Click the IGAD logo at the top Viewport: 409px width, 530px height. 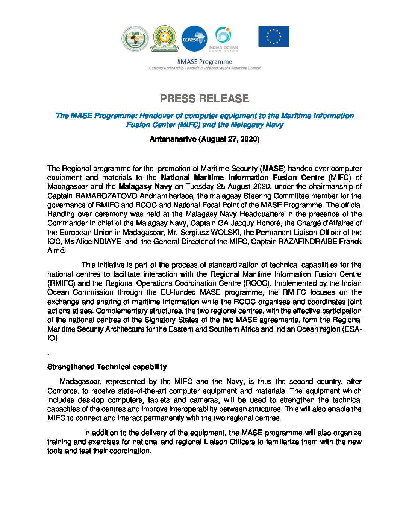pos(135,39)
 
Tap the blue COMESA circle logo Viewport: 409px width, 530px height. pos(194,38)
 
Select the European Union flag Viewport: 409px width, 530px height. pos(274,37)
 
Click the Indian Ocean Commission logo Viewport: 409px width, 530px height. pos(223,39)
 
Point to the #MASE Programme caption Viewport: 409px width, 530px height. pos(204,62)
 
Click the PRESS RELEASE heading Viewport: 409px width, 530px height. pos(204,99)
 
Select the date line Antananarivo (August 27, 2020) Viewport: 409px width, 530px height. pos(204,139)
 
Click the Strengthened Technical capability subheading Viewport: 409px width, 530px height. pos(107,367)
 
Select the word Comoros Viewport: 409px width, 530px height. pos(62,391)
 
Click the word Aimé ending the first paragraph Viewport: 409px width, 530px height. pos(56,250)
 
